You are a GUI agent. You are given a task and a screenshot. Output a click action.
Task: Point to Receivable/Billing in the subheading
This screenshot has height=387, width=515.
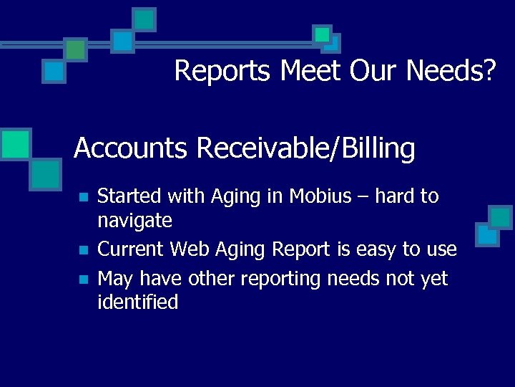(305, 149)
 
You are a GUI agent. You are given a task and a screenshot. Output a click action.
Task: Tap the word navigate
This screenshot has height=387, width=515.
(134, 221)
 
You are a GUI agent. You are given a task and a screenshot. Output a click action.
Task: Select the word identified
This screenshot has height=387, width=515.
(137, 302)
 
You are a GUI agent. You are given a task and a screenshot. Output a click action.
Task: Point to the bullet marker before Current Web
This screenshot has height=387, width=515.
(84, 250)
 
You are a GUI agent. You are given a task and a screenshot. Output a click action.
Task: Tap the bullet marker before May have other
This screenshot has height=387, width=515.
(84, 279)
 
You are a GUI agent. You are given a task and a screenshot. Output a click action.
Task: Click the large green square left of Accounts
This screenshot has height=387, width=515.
(16, 143)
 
